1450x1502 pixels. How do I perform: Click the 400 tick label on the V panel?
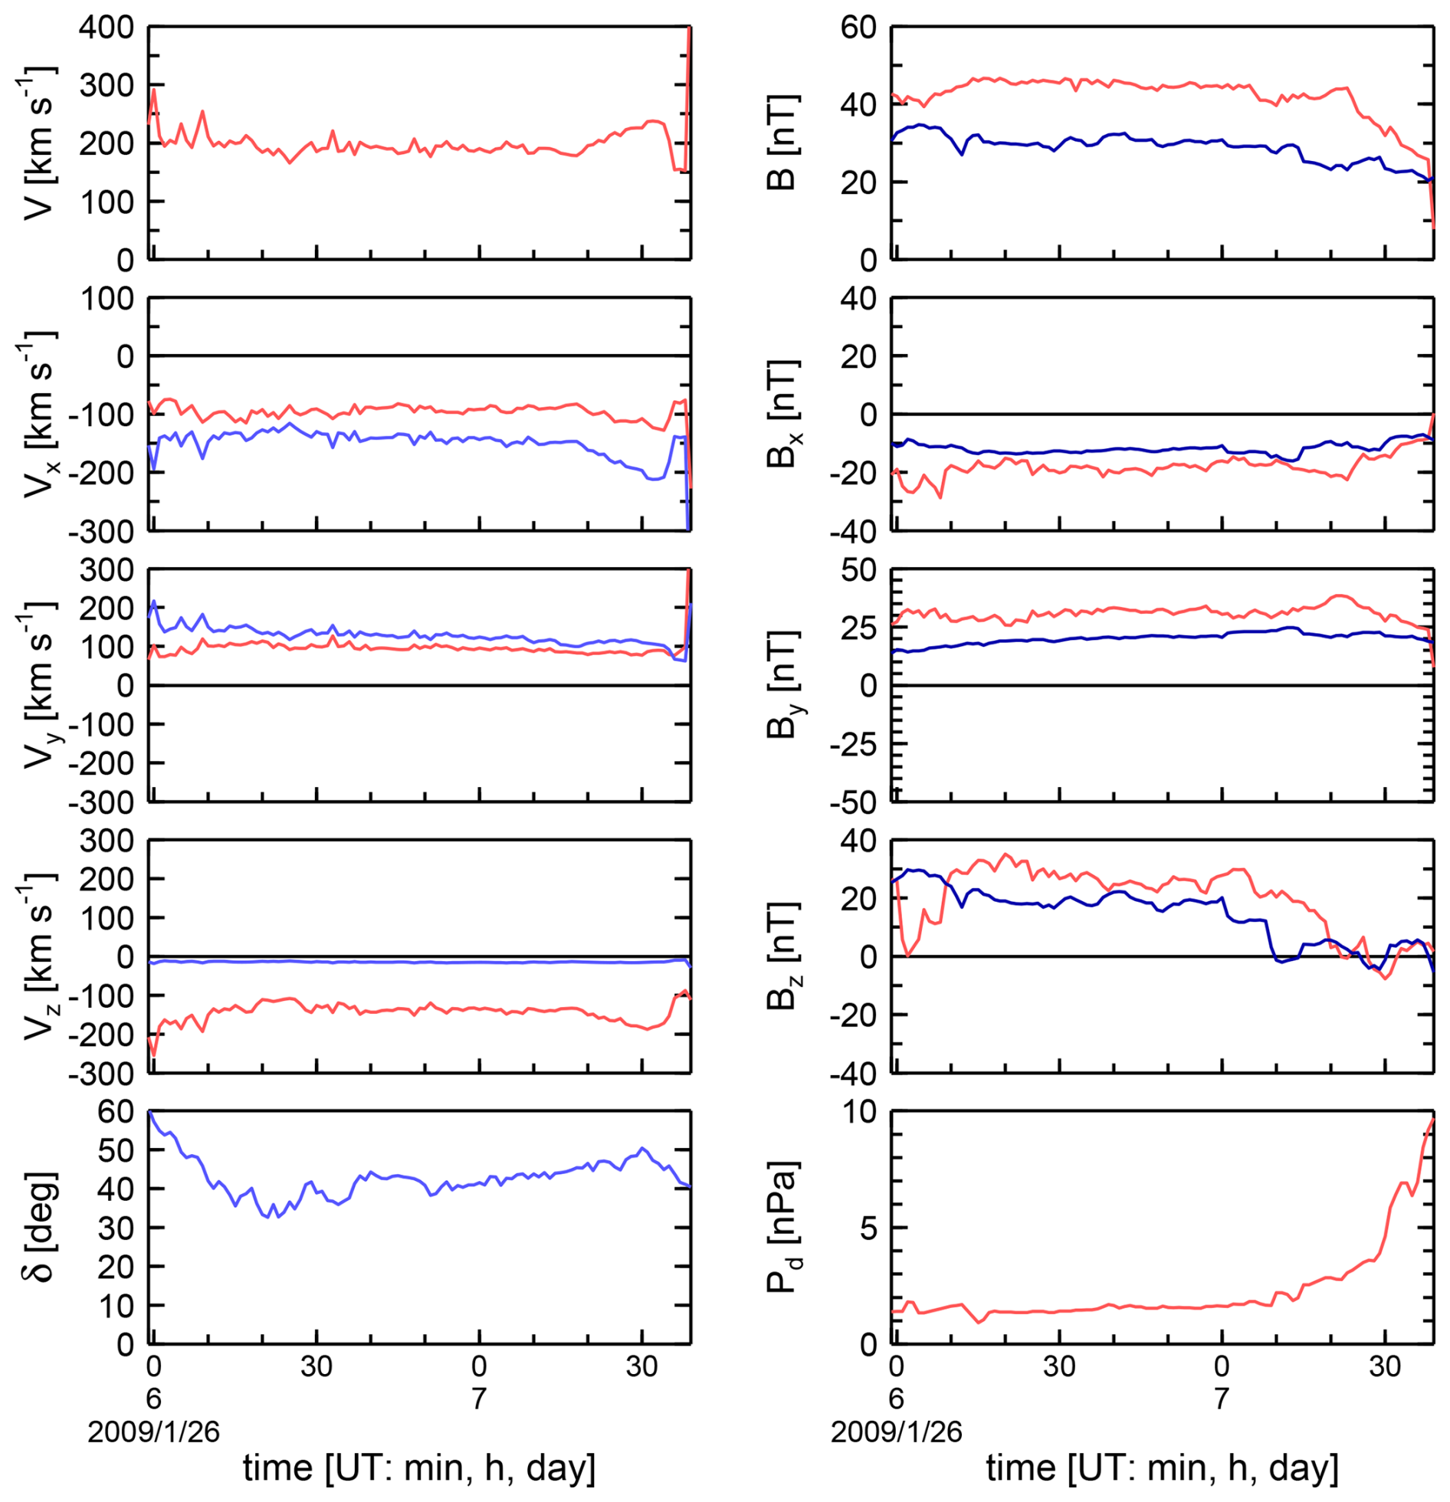tap(106, 28)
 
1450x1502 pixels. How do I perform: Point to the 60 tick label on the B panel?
tap(858, 28)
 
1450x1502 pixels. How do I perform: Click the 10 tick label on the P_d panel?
tap(858, 1112)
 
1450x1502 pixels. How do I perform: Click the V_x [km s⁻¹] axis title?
tap(37, 414)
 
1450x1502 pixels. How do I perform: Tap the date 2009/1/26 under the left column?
tap(153, 1431)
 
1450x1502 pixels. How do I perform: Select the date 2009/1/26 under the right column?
tap(896, 1431)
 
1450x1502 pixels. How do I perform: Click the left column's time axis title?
tap(419, 1468)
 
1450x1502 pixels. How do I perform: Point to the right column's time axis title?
tap(1162, 1468)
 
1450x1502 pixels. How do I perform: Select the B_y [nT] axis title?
tap(782, 685)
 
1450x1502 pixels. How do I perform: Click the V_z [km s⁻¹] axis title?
tap(37, 956)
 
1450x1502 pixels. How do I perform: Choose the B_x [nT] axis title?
tap(782, 414)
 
